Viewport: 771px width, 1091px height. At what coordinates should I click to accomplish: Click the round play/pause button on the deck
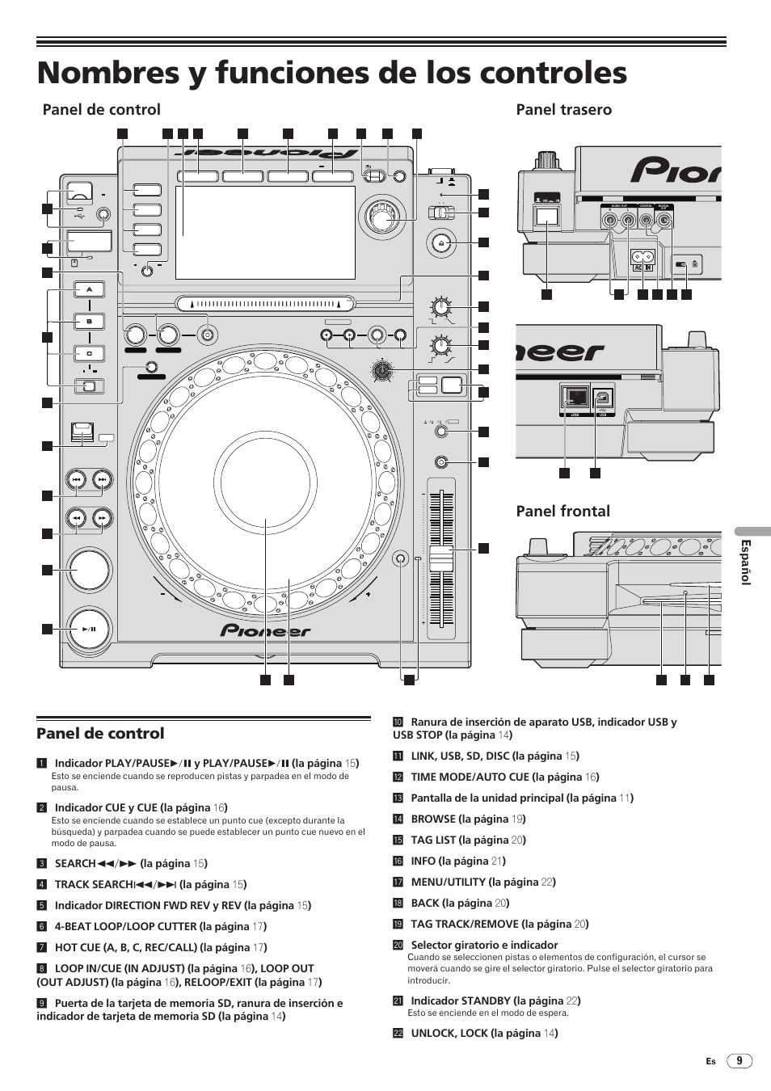(89, 629)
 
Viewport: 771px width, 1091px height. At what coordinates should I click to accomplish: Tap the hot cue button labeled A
(90, 289)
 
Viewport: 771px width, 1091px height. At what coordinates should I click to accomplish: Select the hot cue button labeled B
(90, 321)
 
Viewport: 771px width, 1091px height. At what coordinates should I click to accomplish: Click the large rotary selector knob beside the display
(380, 216)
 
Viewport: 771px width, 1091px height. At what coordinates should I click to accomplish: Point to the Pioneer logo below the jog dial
(266, 631)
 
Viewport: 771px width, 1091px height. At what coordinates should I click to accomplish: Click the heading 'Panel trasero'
(563, 110)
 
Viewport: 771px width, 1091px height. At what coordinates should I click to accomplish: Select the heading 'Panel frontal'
(562, 511)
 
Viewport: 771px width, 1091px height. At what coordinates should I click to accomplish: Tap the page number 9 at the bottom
(739, 1061)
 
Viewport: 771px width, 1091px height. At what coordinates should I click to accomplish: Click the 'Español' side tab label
(747, 562)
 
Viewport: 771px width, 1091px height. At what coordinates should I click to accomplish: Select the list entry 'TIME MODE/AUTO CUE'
(505, 777)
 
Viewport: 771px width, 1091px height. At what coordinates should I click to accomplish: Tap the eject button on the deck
(440, 242)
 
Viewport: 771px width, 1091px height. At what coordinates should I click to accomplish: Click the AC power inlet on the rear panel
(642, 259)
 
